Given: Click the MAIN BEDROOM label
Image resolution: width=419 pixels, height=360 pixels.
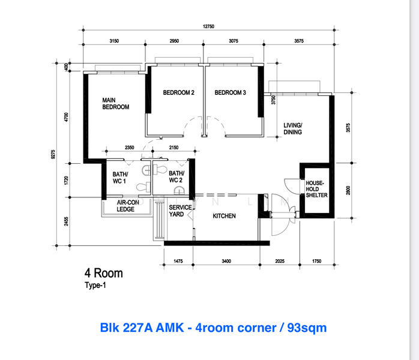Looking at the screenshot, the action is [x=116, y=104].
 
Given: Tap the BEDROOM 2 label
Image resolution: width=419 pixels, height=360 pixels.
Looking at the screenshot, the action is [x=178, y=92].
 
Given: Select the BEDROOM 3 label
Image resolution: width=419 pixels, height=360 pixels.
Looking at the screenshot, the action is [x=230, y=92].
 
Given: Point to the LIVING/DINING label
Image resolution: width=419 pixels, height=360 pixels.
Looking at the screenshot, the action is [x=293, y=129].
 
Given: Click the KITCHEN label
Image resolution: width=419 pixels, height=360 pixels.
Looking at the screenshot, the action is [x=224, y=216].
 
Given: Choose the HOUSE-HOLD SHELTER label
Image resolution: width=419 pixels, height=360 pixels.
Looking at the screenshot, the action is [x=316, y=189].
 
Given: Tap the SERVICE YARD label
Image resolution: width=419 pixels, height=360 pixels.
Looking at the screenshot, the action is [x=180, y=211].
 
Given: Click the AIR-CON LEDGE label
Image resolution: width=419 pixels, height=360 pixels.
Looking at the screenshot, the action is [x=128, y=206].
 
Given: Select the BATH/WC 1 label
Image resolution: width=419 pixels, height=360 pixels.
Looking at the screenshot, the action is [x=120, y=178].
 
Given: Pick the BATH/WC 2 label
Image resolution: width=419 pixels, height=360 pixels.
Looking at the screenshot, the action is [x=176, y=177].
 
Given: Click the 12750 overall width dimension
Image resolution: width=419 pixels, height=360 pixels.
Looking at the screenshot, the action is [x=208, y=26].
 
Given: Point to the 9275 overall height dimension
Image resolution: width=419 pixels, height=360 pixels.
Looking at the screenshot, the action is [x=53, y=154].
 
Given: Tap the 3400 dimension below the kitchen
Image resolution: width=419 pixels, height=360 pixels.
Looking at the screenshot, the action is [x=226, y=261].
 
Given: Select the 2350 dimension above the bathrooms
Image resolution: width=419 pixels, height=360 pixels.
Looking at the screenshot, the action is [x=129, y=148].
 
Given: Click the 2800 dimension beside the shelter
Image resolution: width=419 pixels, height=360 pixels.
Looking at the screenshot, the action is [x=348, y=190].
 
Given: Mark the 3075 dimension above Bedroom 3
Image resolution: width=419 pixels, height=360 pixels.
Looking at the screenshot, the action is [x=234, y=41].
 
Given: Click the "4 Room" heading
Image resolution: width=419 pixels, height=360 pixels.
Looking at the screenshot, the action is [x=104, y=274].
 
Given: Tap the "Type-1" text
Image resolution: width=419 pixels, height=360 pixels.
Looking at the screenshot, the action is [x=95, y=286].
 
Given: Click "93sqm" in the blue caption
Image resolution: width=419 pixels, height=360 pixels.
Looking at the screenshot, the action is [x=307, y=328].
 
